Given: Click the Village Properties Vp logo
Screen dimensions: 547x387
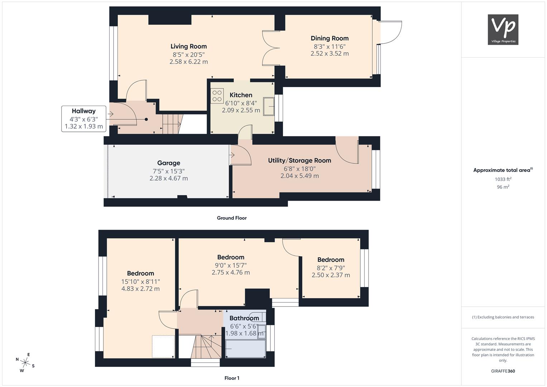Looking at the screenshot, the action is coord(503,29).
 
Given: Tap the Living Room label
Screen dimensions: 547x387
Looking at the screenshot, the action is coord(188,46).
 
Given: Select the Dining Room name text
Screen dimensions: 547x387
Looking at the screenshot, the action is coord(330,38).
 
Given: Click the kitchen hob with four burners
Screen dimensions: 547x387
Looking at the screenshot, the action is coord(217,96).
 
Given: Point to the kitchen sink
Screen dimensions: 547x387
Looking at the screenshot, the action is coord(269,106).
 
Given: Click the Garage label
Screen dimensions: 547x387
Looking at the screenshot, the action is coord(168,163).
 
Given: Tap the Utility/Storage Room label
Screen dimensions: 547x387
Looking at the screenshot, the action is coord(299,161).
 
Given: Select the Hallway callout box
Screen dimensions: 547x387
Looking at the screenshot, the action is coord(83,119).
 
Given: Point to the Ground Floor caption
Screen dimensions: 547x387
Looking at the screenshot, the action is coord(232,218).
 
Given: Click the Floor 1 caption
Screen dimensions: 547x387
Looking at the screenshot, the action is coord(232,378).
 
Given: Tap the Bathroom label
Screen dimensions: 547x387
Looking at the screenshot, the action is coord(244,318).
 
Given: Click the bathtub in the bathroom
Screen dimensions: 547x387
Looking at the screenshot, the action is coord(245,349).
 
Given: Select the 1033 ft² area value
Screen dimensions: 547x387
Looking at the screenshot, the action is coord(503,179).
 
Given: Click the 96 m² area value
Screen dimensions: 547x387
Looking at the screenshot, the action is coord(503,187).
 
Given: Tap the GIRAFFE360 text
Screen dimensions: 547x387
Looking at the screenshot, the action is coord(503,371).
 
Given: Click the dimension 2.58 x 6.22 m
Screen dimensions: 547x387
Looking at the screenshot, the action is coord(188,62).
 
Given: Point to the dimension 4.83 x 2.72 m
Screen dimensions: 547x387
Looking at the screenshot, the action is coord(140,288).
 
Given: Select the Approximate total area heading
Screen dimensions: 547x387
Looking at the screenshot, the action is coord(503,170).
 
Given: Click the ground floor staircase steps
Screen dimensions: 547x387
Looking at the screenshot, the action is coord(172,124).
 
